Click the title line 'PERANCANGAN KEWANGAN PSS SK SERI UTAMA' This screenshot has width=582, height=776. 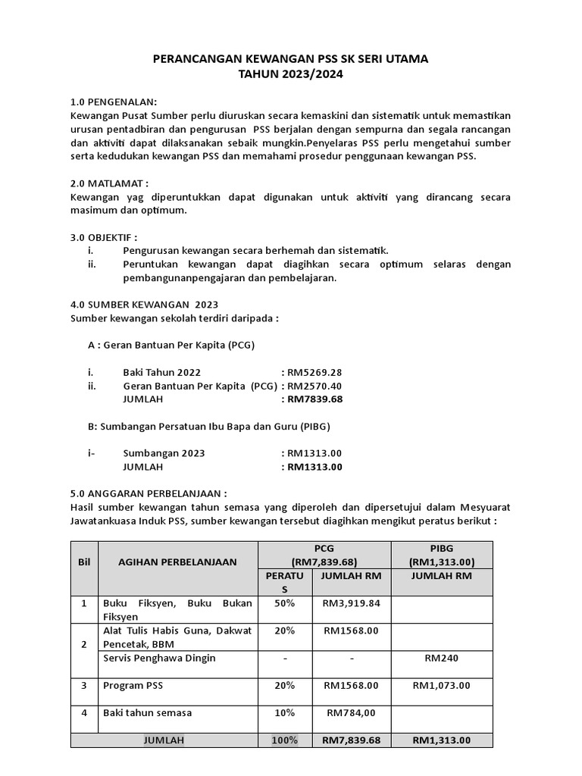(290, 58)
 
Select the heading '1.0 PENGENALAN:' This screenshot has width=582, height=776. (114, 102)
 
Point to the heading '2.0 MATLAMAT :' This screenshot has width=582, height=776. (109, 183)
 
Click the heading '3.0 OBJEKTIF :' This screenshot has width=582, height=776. (104, 236)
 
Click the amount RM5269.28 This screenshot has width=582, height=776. (314, 372)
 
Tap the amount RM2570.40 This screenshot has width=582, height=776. (314, 385)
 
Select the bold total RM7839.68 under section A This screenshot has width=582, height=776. (314, 399)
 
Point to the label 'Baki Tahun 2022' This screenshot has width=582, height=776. (160, 372)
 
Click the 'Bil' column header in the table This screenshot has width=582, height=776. (84, 562)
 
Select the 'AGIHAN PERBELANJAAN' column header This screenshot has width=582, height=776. (177, 562)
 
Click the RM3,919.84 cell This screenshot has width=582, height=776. (351, 603)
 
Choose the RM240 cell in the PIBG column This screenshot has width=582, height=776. (441, 658)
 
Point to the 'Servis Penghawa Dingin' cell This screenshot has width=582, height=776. (159, 658)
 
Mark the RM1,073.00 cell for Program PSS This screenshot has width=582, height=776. (441, 685)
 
